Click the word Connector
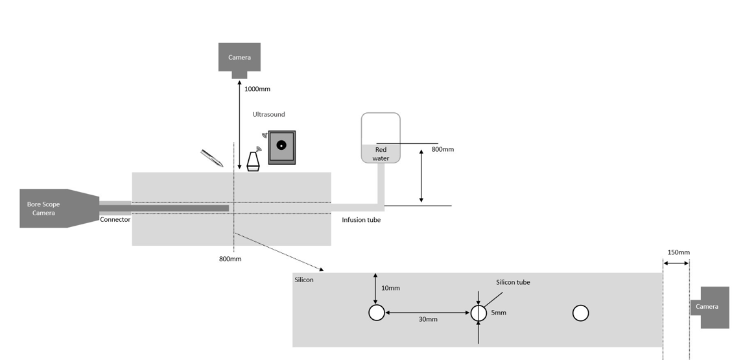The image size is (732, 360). coord(115,219)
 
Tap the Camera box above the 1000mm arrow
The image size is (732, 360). coord(239,60)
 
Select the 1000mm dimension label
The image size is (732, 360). coord(257,89)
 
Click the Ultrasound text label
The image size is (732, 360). coord(269,114)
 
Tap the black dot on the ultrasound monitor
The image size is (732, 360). coord(281,145)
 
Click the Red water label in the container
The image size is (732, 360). coord(381,154)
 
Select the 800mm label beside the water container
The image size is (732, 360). coord(443,149)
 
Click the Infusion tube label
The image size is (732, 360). coord(361,220)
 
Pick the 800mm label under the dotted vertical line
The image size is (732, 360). coord(230,259)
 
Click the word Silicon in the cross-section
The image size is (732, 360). coord(304,280)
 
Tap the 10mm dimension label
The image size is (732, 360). coord(391,288)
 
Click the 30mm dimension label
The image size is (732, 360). coord(428,319)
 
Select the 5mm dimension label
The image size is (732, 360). coord(499,313)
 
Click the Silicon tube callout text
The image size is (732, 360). coord(513,282)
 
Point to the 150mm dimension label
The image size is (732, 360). coord(678,252)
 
